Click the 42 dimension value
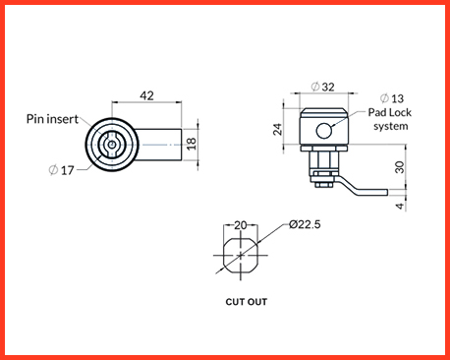[x=146, y=95]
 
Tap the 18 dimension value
[x=192, y=144]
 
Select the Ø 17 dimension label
[x=62, y=170]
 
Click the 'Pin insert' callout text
[x=52, y=119]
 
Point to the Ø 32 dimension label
[x=323, y=87]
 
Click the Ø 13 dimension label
[x=392, y=98]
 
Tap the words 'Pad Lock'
[x=389, y=112]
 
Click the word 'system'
[x=391, y=126]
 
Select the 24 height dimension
[x=277, y=129]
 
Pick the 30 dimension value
[x=400, y=167]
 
